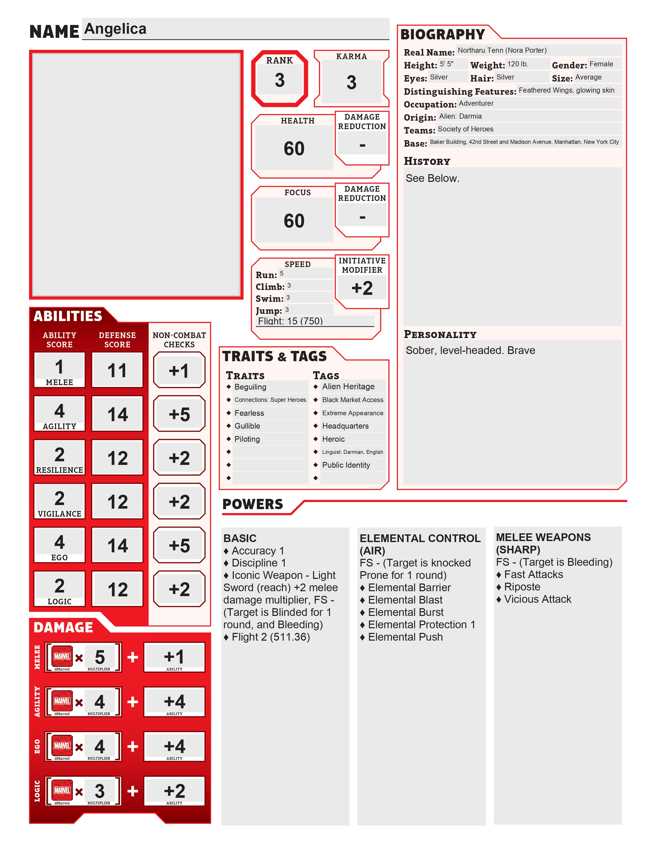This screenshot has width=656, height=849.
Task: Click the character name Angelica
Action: coord(116,29)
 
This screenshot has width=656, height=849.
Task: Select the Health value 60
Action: coord(294,148)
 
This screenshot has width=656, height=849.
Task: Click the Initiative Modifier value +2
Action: coord(362,288)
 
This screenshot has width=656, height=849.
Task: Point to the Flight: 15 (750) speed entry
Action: coord(290,321)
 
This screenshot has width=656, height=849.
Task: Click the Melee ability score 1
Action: coord(59,367)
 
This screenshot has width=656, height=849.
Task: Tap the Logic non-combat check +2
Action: coord(179,589)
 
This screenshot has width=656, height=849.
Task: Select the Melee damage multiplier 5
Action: coord(100,657)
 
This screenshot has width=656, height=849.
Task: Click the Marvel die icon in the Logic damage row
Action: coord(62,791)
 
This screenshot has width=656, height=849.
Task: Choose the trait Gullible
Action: coord(247,426)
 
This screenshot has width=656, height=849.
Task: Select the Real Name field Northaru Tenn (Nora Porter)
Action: coord(502,50)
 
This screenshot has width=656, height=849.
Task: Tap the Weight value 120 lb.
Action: coord(518,64)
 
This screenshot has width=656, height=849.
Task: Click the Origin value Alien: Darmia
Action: coord(460,116)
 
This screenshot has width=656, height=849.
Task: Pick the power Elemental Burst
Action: coord(405,612)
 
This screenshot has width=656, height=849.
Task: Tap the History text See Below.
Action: coord(432,179)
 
